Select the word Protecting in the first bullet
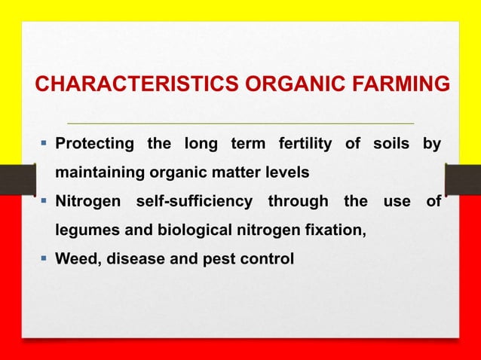point(96,144)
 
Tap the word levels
point(283,172)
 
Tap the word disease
point(139,260)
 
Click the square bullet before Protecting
point(43,143)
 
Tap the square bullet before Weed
point(43,259)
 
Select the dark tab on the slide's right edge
point(462,180)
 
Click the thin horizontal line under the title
point(240,122)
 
